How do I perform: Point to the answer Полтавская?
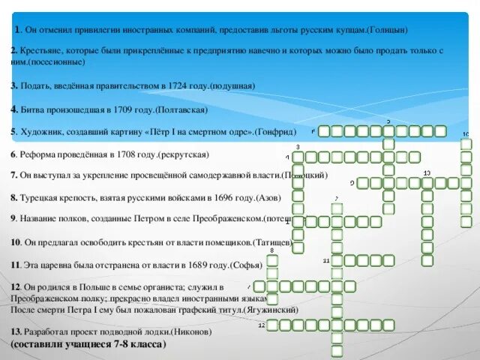tap(179, 109)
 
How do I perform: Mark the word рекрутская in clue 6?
tap(182, 154)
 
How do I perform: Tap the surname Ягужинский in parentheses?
tap(268, 309)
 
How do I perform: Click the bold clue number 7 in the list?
tap(13, 175)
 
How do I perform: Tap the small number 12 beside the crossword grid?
tap(261, 325)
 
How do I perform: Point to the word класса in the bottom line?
tap(145, 343)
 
